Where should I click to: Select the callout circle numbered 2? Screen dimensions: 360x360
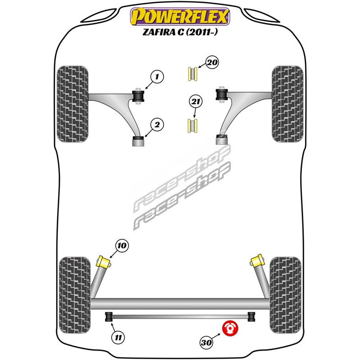coord(157,125)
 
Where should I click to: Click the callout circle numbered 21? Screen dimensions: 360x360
coord(194,103)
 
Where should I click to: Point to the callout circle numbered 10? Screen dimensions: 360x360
coord(122,246)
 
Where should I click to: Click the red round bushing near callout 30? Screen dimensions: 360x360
coord(231,328)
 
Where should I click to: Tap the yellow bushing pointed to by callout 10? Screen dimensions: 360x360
coord(105,261)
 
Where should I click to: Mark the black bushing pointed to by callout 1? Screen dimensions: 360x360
coord(138,96)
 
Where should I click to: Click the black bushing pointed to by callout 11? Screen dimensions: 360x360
coord(108,317)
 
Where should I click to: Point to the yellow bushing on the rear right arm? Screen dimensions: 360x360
coord(257,261)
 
